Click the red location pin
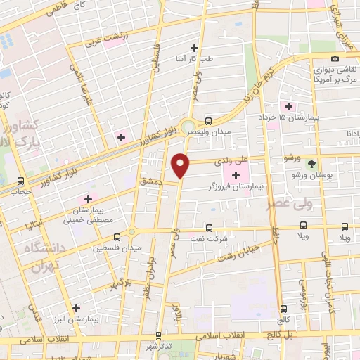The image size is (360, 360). point(181,165)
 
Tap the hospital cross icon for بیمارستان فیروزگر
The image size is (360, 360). point(235,174)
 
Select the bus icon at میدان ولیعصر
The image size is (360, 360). point(207,120)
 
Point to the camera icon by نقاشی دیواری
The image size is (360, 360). point(335,58)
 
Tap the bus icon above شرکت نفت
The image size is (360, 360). point(208,227)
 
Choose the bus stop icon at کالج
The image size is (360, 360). point(284,308)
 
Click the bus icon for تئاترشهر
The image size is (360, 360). point(158,335)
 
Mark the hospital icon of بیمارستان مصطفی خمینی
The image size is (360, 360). point(89,198)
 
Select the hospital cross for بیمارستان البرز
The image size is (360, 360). point(77,307)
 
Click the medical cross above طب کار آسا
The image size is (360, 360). point(195,49)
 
